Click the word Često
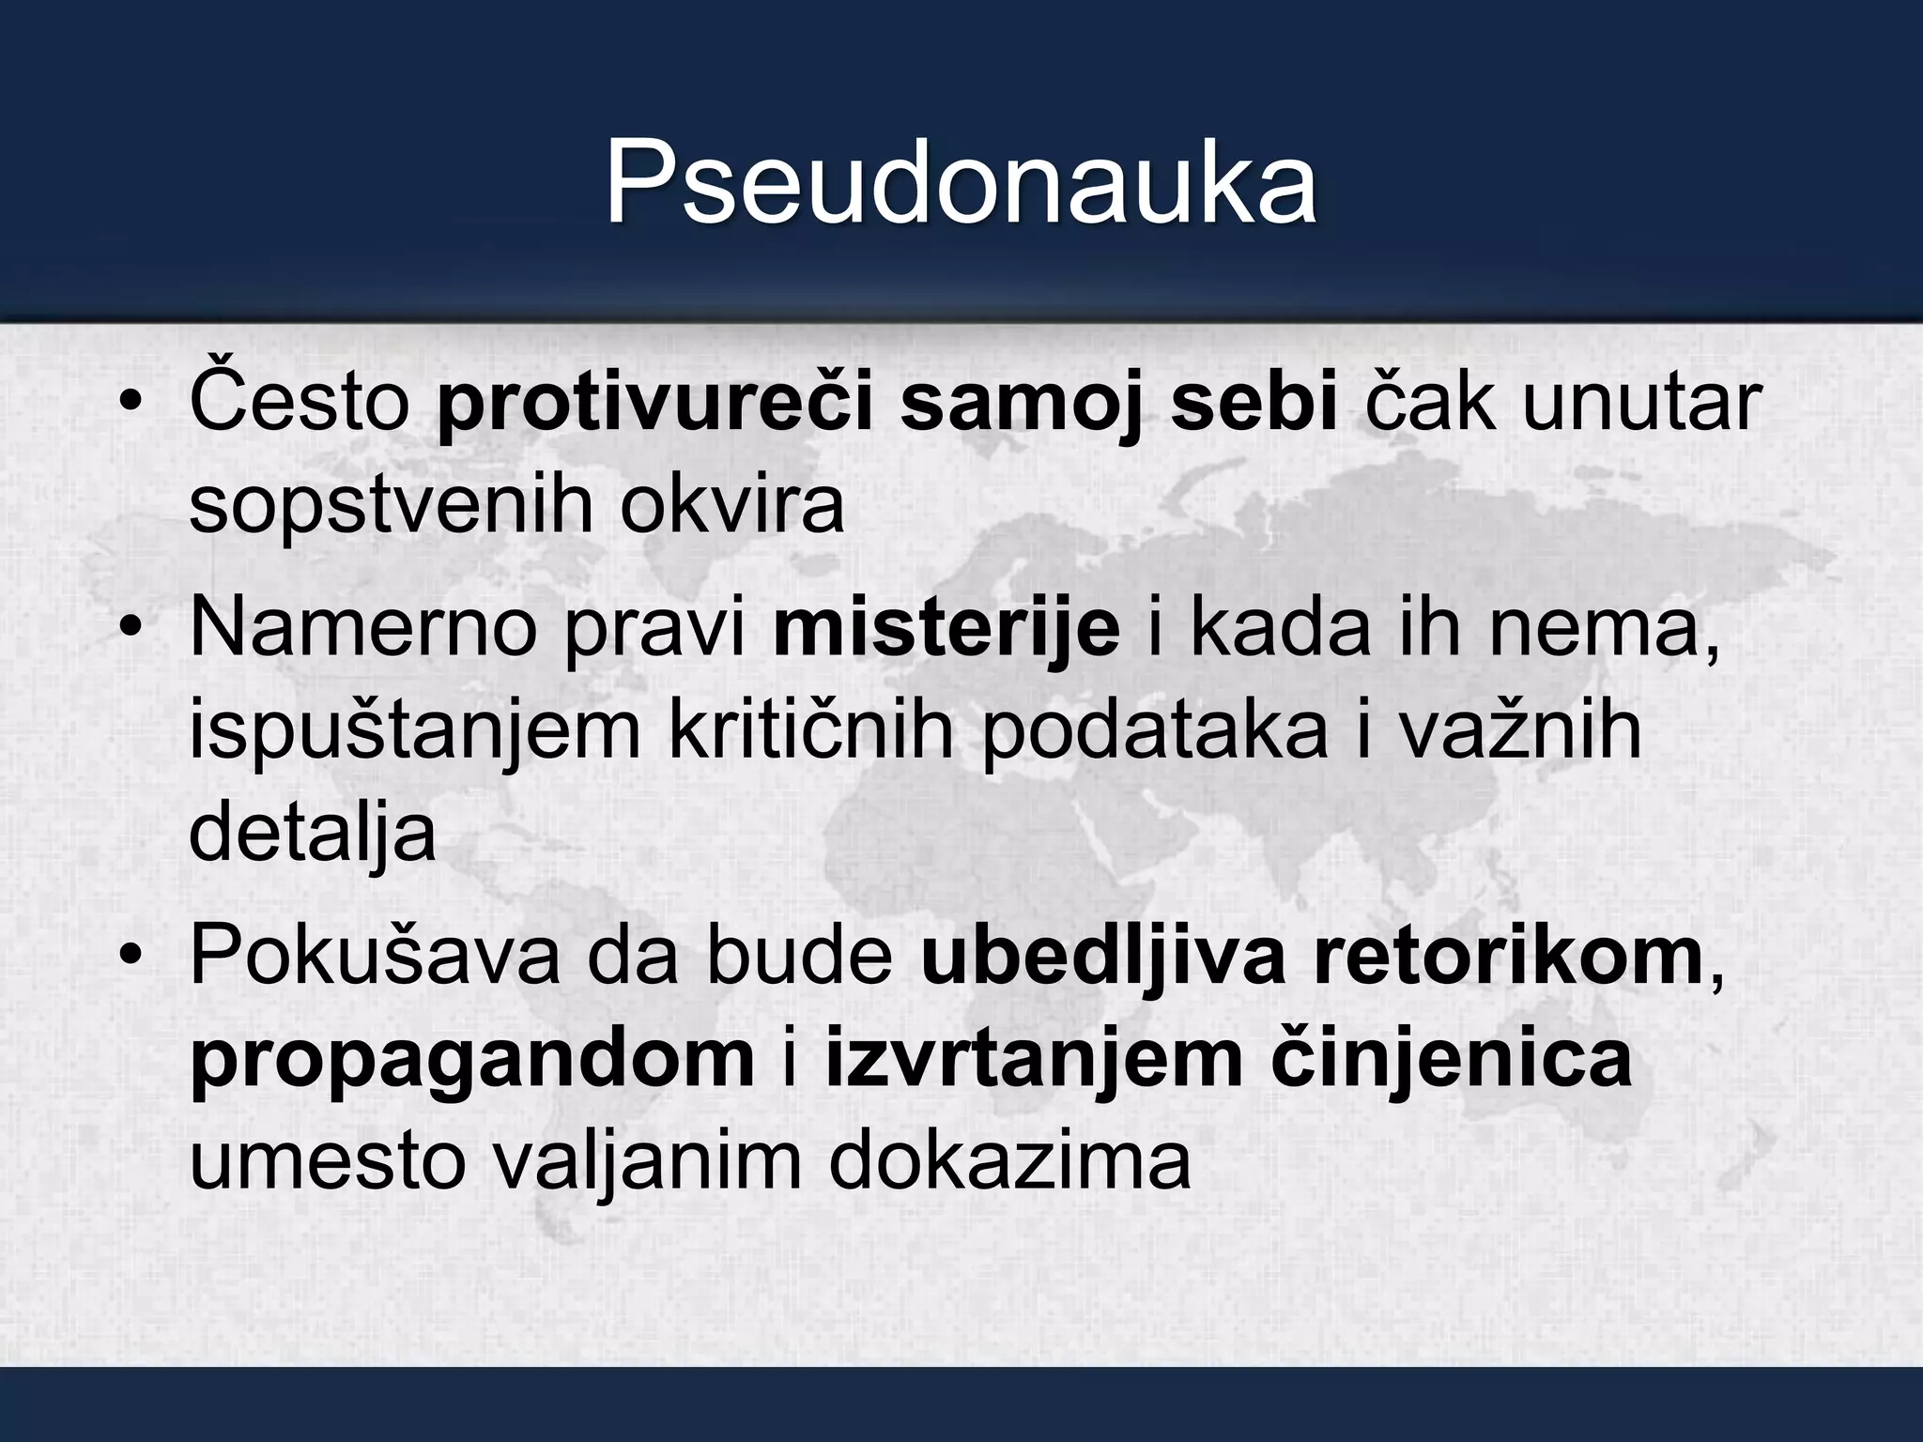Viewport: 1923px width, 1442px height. [x=300, y=402]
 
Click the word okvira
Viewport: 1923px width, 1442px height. [x=731, y=505]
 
